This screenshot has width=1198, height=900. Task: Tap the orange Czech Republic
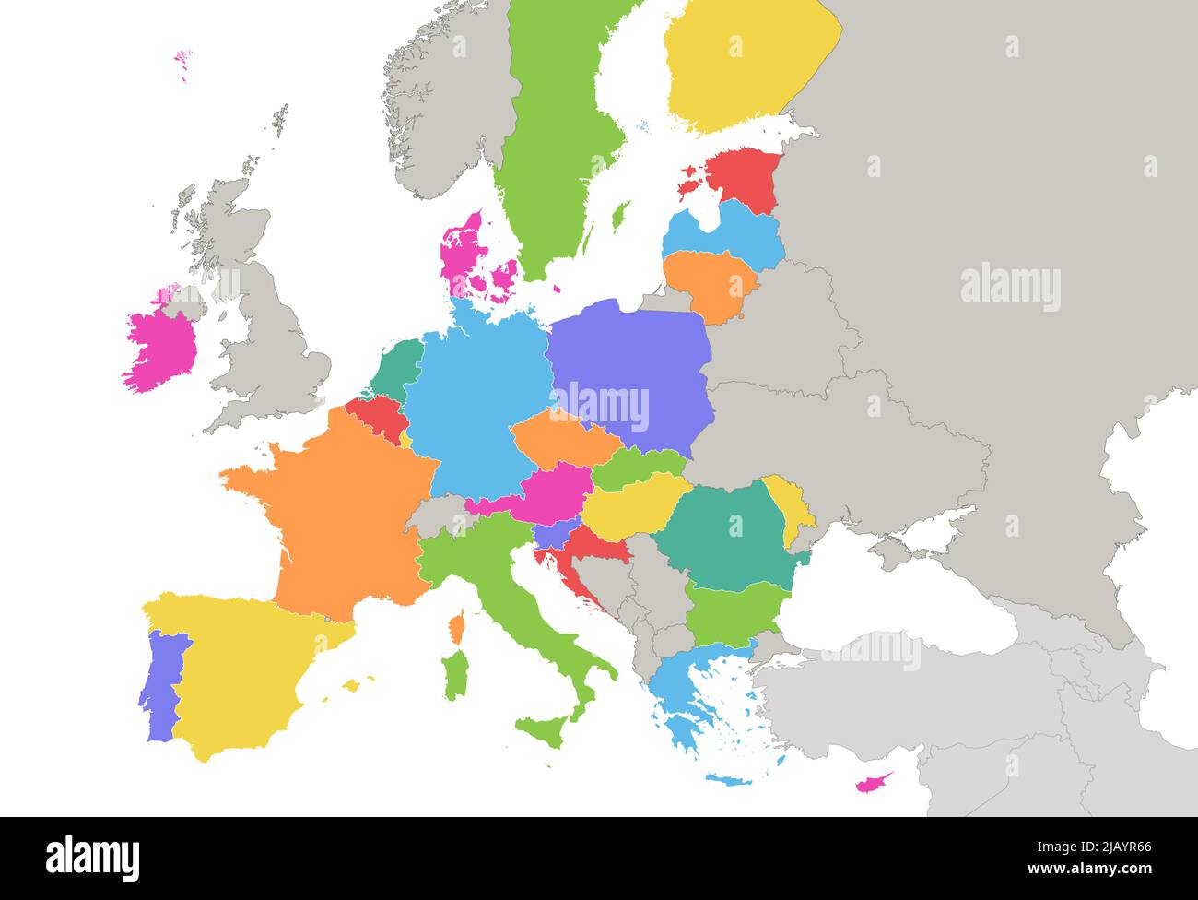click(562, 439)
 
